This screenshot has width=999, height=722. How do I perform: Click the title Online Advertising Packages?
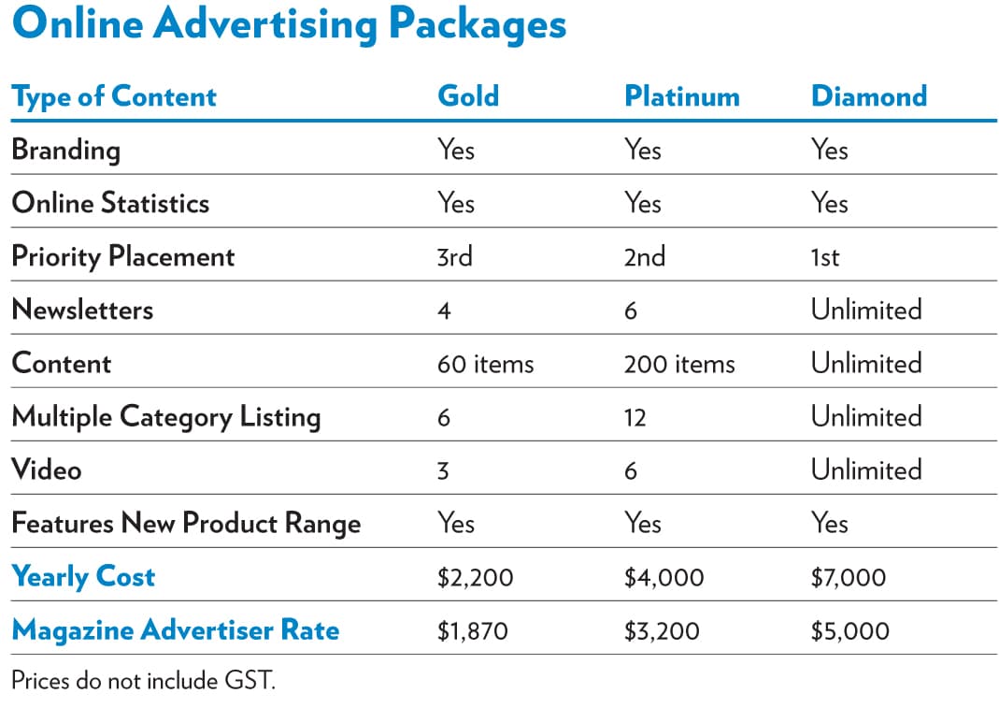click(x=290, y=25)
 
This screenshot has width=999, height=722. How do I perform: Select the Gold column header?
click(x=468, y=96)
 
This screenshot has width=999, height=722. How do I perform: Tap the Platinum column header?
click(x=681, y=96)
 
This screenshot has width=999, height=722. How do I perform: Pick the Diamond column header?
click(x=869, y=96)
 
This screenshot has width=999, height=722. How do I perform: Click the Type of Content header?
click(x=114, y=96)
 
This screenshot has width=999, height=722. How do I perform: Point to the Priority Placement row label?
click(x=123, y=256)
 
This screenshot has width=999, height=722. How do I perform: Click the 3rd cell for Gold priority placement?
click(x=455, y=256)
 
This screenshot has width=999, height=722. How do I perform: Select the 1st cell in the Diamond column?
click(x=825, y=256)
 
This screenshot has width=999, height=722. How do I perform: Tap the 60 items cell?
click(x=485, y=363)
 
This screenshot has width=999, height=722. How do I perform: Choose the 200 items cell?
click(x=679, y=363)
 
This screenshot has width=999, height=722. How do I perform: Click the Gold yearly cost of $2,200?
click(x=475, y=577)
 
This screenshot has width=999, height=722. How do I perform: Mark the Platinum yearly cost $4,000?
click(x=664, y=577)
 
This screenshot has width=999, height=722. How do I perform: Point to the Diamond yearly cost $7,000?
click(x=849, y=577)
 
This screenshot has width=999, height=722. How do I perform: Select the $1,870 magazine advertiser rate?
click(x=472, y=630)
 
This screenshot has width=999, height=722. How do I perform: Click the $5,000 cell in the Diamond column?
click(x=850, y=630)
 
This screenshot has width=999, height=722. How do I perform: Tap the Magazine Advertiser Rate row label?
click(x=176, y=630)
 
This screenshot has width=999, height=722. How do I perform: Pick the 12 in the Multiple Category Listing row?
click(x=635, y=417)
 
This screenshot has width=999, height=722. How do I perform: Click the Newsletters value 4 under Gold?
click(x=444, y=310)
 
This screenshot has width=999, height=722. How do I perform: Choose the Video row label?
click(x=47, y=469)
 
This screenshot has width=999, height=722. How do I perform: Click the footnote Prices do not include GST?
click(x=144, y=680)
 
